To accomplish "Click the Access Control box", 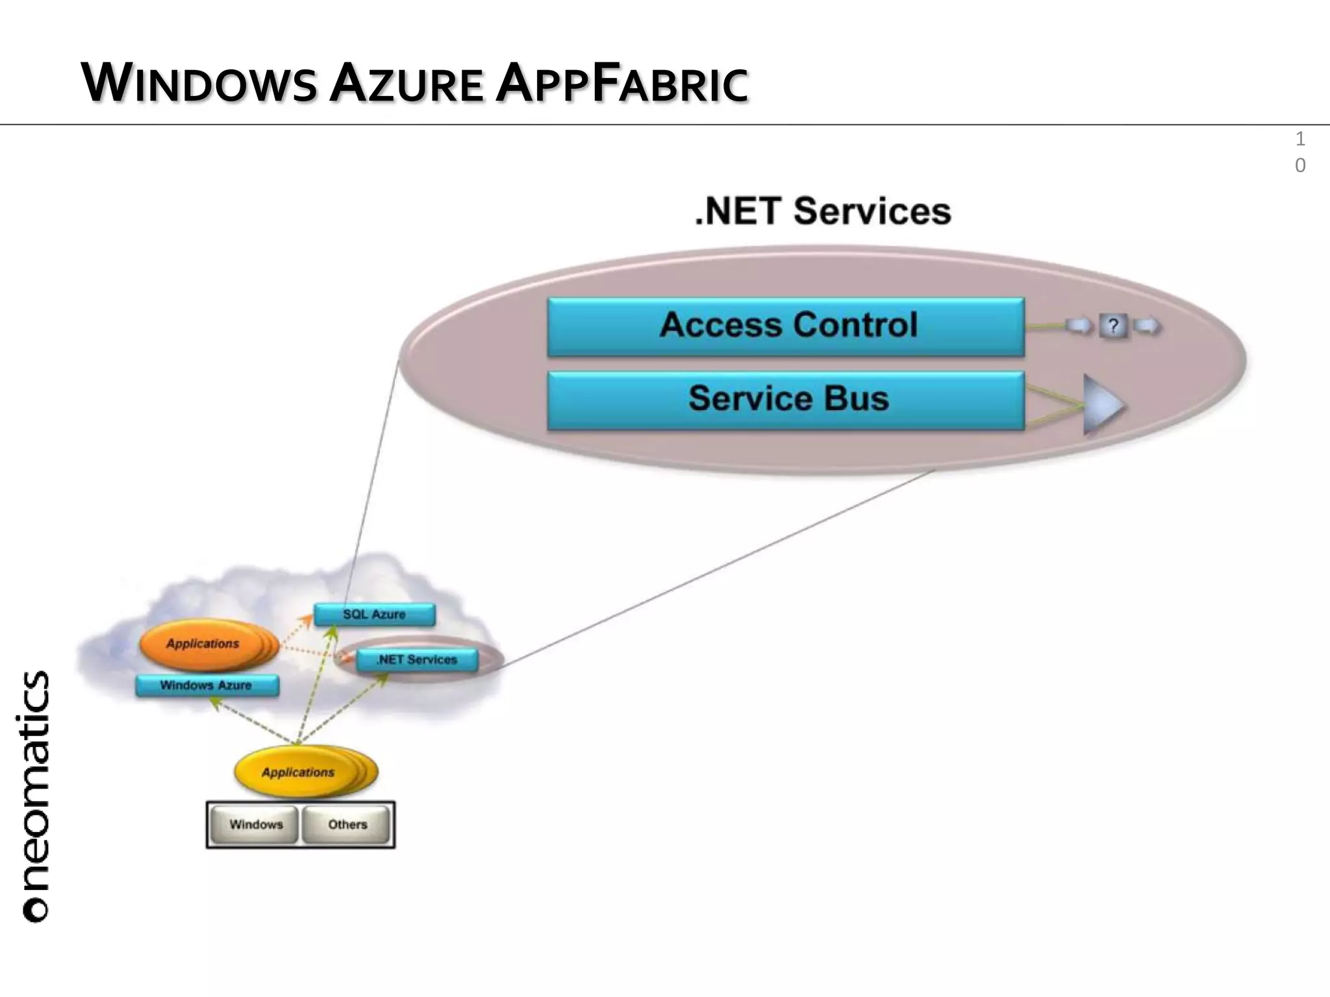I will [786, 326].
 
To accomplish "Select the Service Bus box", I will [786, 399].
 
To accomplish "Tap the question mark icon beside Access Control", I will [1113, 326].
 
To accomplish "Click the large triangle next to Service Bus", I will [1102, 405].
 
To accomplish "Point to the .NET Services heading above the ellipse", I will [823, 212].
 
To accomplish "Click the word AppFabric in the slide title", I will [621, 84].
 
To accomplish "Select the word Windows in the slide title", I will [199, 84].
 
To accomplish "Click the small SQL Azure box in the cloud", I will [374, 615].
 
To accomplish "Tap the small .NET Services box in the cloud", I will [417, 660].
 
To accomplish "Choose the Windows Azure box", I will [207, 685].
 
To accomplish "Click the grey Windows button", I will [256, 825].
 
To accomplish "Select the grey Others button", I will [347, 825].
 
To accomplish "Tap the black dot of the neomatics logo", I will [35, 910].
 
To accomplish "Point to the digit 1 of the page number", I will [1299, 139].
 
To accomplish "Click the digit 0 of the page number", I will [1299, 166].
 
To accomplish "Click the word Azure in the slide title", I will [407, 84].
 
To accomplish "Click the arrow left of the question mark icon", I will [1079, 326].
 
